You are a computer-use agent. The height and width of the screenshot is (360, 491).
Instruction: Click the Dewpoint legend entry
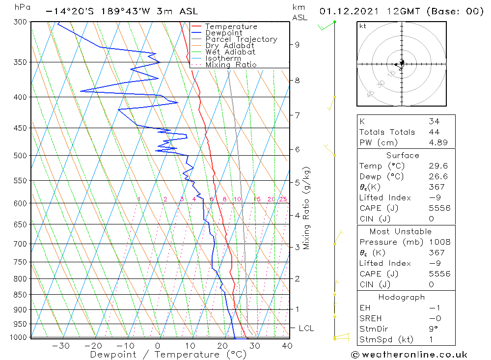pos(223,33)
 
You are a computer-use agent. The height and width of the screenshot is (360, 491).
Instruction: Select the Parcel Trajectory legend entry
pos(241,39)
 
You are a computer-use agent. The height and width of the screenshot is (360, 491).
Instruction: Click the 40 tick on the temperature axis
pos(287,346)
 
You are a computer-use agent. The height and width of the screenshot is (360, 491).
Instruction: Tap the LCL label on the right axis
pos(306,328)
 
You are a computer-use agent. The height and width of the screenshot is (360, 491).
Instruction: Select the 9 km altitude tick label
pos(297,45)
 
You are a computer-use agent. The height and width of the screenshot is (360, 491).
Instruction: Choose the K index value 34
pos(434,121)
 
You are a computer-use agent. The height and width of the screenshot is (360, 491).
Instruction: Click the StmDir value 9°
pos(433,329)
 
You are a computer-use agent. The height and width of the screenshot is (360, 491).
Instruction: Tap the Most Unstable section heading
pos(401,231)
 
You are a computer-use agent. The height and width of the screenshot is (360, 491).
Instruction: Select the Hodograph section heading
pos(402,298)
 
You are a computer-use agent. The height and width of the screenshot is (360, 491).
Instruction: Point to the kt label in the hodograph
pos(363,26)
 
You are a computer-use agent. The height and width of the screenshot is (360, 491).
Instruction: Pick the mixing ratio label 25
pos(283,199)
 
